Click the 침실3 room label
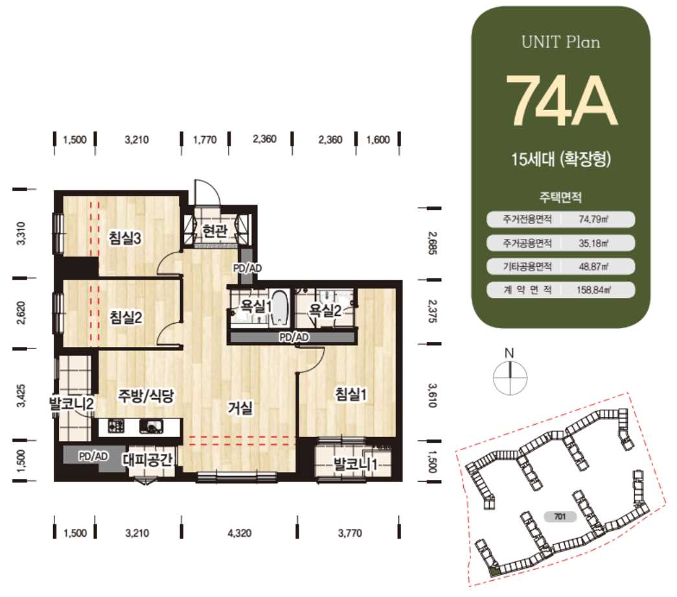pos(125,238)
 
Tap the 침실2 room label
pos(126,318)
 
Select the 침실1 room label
pos(351,394)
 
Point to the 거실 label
pos(240,407)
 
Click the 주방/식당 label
pos(146,396)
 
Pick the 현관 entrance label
pos(214,231)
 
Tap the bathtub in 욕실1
pos(280,308)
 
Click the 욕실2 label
pos(325,310)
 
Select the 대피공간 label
pos(147,460)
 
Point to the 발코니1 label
pos(355,464)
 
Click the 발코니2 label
pos(72,404)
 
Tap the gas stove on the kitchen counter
pos(116,427)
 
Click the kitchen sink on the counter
pos(151,427)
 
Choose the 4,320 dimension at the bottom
pos(239,533)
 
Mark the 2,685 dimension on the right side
pos(432,243)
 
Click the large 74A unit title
pos(561,101)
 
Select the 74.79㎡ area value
pos(593,220)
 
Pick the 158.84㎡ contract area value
pos(593,289)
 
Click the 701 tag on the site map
pos(560,517)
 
